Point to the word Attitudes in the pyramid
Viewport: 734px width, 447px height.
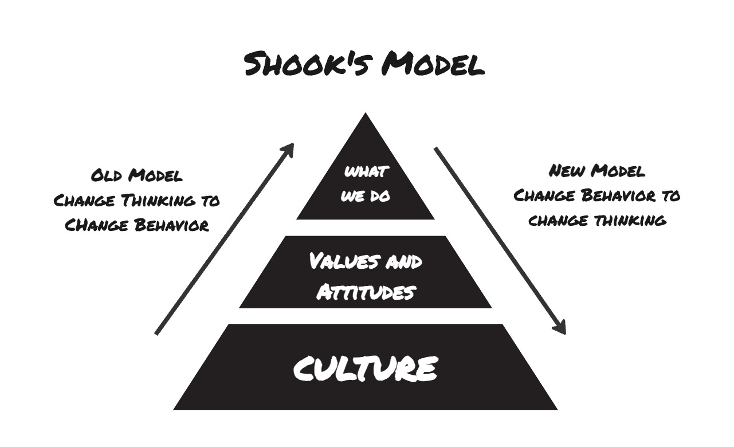(366, 292)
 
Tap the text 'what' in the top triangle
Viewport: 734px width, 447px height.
(366, 171)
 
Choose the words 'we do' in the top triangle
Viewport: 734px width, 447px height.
(366, 195)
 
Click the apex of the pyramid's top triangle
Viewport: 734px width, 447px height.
(366, 115)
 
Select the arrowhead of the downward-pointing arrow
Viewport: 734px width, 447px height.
(562, 329)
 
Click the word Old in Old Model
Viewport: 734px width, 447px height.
(107, 176)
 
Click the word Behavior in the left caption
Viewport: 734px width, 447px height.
(170, 226)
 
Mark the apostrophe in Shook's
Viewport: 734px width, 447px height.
(351, 56)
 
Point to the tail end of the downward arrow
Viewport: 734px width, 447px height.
(436, 149)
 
